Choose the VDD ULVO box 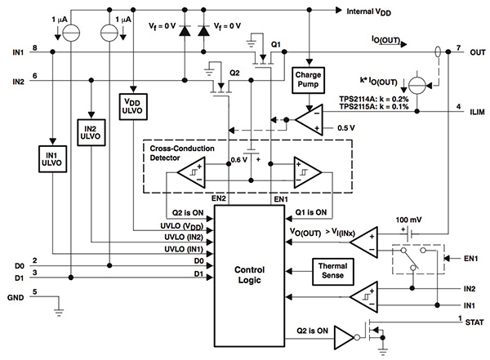132,106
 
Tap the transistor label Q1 276,43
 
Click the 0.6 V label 238,159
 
